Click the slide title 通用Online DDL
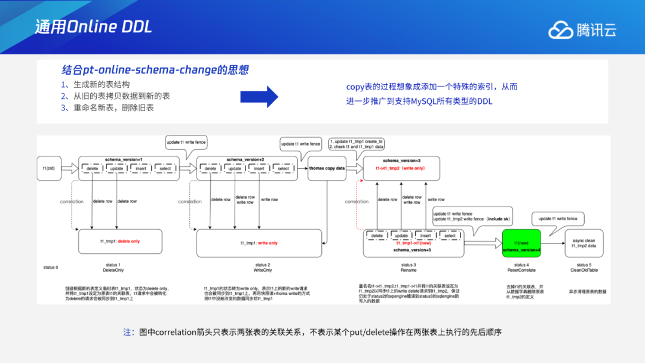(x=93, y=27)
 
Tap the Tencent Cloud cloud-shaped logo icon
(x=560, y=29)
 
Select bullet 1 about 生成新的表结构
(x=95, y=84)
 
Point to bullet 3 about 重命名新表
(x=107, y=107)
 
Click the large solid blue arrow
(x=259, y=96)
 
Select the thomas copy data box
(x=327, y=168)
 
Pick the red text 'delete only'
(x=128, y=241)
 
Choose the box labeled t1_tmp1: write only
(x=259, y=243)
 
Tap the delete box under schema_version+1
(x=93, y=169)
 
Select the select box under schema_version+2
(x=283, y=169)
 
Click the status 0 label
(x=51, y=266)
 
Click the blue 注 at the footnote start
(x=128, y=332)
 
